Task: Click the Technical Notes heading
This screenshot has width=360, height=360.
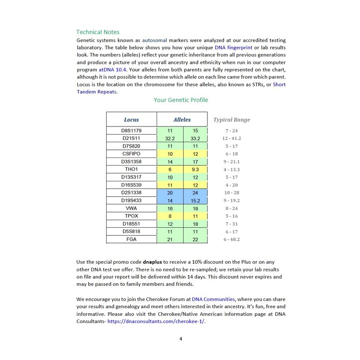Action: pyautogui.click(x=98, y=32)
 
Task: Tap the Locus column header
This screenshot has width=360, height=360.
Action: pyautogui.click(x=131, y=120)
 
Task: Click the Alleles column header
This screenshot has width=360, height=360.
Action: pyautogui.click(x=182, y=120)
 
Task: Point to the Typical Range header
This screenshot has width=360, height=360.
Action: pyautogui.click(x=231, y=120)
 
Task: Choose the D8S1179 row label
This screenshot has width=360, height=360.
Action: pyautogui.click(x=131, y=130)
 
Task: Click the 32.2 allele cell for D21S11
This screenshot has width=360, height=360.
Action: pyautogui.click(x=170, y=139)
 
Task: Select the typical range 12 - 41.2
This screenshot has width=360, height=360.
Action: pyautogui.click(x=232, y=139)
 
